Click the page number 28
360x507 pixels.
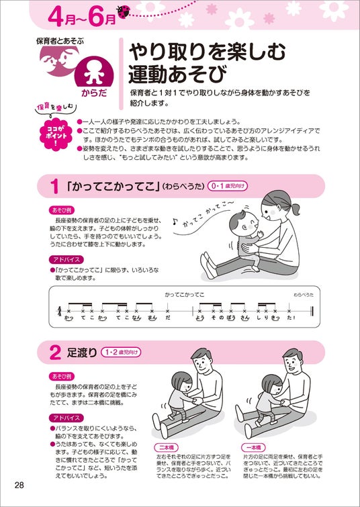tap(19, 485)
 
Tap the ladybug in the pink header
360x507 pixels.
tap(124, 11)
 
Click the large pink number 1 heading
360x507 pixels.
tap(54, 187)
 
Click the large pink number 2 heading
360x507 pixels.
tap(55, 353)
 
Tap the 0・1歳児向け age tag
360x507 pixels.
tap(228, 186)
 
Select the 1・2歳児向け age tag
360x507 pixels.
tap(122, 352)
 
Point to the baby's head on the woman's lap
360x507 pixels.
tap(244, 222)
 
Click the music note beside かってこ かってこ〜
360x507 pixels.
tap(175, 222)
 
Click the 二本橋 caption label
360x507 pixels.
tap(167, 447)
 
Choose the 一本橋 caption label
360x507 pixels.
tap(253, 447)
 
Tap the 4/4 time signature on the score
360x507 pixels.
tap(59, 312)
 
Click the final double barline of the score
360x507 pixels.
tap(312, 311)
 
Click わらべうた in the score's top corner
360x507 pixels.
tap(304, 295)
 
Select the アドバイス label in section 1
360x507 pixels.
tap(66, 259)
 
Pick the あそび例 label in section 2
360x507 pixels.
tap(62, 376)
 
